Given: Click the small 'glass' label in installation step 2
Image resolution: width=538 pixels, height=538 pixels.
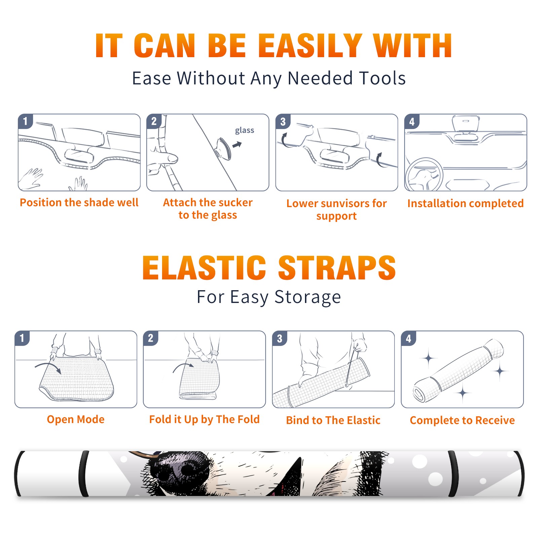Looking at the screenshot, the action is [244, 130].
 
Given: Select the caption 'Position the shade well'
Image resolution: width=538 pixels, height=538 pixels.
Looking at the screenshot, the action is [79, 202].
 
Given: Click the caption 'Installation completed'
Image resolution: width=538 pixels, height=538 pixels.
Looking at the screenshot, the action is [465, 203].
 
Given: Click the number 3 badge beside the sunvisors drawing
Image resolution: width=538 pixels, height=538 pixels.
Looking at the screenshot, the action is [283, 121].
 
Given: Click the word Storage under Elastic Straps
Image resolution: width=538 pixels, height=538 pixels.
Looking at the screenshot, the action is [308, 297].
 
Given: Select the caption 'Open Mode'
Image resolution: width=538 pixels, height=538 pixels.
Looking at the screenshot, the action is [76, 419].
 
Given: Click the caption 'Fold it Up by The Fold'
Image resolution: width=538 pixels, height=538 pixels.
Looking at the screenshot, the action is [204, 419].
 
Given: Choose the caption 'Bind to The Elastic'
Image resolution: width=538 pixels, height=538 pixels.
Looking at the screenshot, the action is [333, 420].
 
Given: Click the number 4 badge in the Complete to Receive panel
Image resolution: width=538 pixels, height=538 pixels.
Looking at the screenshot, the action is [409, 338].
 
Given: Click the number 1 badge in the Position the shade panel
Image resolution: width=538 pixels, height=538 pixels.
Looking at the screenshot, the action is [25, 121].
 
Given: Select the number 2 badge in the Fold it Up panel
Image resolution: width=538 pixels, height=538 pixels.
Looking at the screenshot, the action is [151, 338].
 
